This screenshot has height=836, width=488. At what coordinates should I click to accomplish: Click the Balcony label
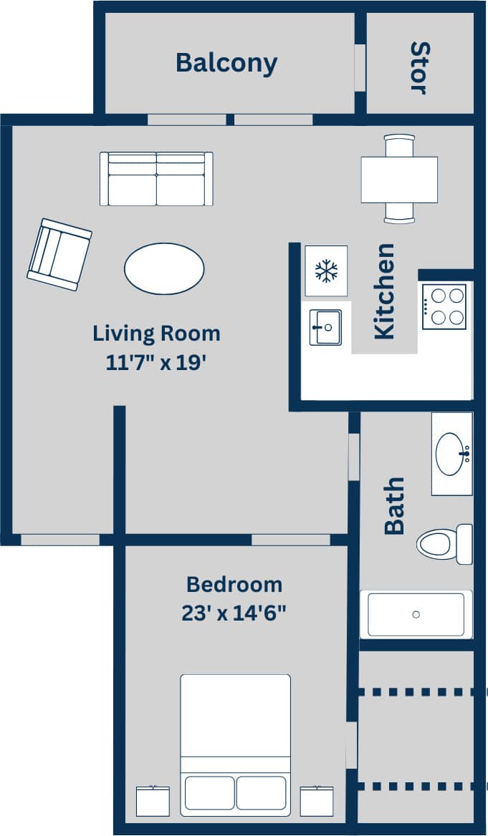coord(226,63)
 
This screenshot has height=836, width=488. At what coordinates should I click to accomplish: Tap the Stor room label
coord(419,68)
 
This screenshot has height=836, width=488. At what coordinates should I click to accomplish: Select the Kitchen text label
coord(385,291)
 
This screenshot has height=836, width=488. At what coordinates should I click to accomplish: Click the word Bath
coord(394,506)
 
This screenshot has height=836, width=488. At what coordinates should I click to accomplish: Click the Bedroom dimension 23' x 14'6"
coord(234,613)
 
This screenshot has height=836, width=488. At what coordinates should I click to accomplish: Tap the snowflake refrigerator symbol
coord(326,271)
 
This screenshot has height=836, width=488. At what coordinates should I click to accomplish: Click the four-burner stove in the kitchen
coord(444,306)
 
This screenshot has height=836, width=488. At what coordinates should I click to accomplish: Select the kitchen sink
coord(325,327)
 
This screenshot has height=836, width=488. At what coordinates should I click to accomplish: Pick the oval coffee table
coord(164,268)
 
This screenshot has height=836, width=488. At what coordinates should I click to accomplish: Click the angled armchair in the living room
coord(59,254)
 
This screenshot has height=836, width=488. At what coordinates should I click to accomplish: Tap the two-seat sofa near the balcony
coord(156,179)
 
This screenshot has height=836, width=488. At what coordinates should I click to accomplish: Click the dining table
coord(399,179)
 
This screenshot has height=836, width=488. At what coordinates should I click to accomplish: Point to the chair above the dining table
coord(399,145)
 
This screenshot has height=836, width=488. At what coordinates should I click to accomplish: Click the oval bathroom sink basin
coord(452,454)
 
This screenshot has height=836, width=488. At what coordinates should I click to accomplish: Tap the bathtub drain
coord(416,614)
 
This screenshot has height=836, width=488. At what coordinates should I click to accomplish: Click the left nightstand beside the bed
coord(153,801)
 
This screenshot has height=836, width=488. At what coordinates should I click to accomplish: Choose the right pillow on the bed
coord(261,792)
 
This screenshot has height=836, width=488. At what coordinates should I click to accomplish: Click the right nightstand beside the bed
coord(317,801)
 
